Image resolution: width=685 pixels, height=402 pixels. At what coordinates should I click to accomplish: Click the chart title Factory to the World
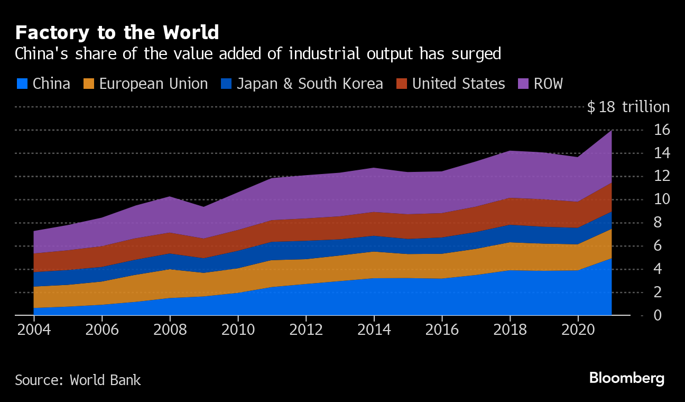(x=117, y=33)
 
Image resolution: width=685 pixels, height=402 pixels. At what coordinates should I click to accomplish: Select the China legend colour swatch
(x=22, y=84)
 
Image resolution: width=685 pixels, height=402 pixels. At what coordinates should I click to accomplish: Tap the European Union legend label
(x=153, y=84)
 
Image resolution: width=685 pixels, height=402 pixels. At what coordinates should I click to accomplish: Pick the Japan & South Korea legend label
(x=310, y=84)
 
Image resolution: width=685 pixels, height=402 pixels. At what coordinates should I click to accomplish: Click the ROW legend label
(x=548, y=84)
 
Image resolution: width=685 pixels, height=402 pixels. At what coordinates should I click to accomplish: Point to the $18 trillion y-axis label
(x=628, y=107)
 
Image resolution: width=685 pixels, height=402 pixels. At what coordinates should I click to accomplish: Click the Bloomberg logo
(x=626, y=378)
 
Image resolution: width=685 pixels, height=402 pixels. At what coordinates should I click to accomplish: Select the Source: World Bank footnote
(x=78, y=380)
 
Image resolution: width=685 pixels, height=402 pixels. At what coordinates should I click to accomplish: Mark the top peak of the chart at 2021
(x=612, y=130)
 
